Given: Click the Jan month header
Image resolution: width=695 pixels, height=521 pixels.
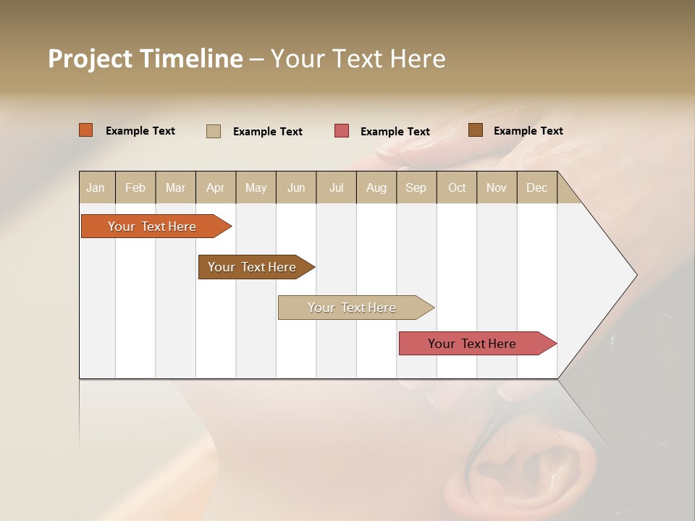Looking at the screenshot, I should coord(96,187).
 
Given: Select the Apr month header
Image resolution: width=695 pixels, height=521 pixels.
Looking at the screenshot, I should coord(215,187).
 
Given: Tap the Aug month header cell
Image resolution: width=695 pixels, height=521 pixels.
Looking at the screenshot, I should coord(376,187).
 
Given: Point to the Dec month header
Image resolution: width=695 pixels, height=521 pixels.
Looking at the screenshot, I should coord(536,187).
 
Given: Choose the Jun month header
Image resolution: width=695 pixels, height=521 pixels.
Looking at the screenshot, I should coord(295,187).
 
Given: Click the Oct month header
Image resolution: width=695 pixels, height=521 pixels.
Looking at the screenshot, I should coord(456,187).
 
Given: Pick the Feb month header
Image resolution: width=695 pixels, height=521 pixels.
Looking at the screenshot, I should coord(135,187).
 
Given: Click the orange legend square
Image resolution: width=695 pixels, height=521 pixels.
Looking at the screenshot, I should coord(86,130).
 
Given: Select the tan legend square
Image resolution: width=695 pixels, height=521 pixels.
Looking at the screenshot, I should coord(214,131).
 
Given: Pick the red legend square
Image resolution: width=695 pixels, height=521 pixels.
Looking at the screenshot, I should coord(342,131).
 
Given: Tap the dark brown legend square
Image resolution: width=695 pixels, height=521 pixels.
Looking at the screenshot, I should coord(476,130).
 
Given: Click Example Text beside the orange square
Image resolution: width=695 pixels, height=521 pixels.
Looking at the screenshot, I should coord(140,131).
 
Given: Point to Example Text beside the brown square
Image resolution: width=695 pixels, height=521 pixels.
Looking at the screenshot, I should coord(528,131).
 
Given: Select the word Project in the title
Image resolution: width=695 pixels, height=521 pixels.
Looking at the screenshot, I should coord(90,59).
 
